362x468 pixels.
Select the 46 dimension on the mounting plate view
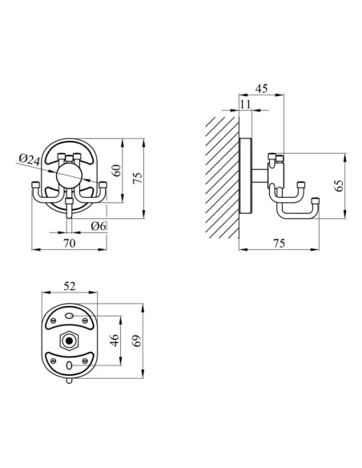pos(114,340)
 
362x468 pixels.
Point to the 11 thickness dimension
pos(244,104)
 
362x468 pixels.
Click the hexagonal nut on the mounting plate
pos(70,341)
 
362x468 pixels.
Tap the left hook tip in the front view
pos(37,186)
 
